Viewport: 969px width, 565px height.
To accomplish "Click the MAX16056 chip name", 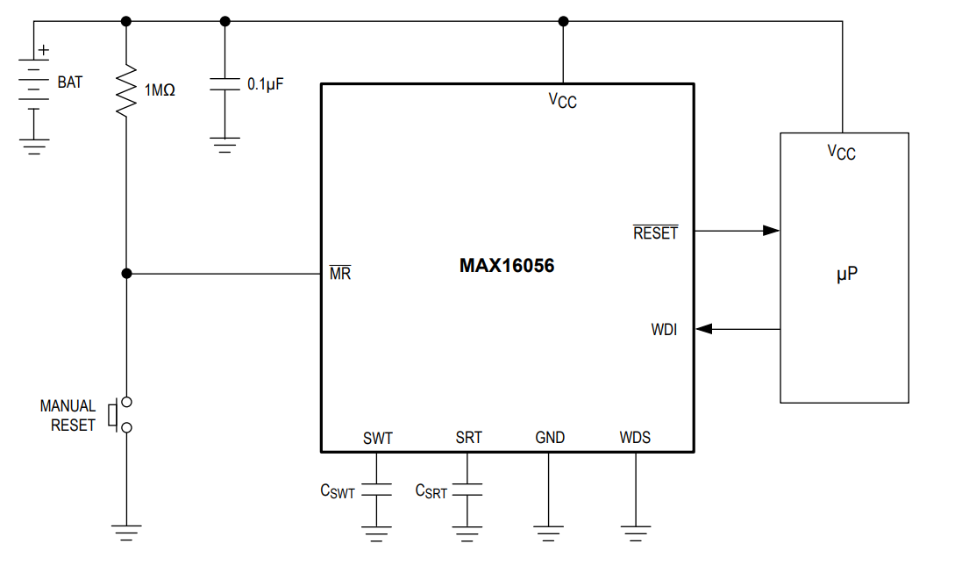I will pyautogui.click(x=507, y=266).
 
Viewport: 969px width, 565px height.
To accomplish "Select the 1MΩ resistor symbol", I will pyautogui.click(x=126, y=89).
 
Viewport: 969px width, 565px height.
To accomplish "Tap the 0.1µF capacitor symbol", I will pyautogui.click(x=224, y=84).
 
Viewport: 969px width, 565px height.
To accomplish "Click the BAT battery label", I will pyautogui.click(x=70, y=82).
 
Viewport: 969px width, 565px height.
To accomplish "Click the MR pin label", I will pyautogui.click(x=339, y=273).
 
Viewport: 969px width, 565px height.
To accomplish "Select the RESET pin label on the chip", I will pyautogui.click(x=655, y=232).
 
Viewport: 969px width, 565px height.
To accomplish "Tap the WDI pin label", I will pyautogui.click(x=664, y=330).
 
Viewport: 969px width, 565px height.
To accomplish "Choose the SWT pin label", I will pyautogui.click(x=378, y=438).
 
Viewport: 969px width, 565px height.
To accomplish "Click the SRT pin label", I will pyautogui.click(x=468, y=438).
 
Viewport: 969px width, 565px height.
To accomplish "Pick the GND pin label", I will pyautogui.click(x=550, y=438).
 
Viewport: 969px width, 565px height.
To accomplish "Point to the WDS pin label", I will pyautogui.click(x=635, y=438).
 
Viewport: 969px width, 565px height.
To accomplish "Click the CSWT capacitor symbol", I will pyautogui.click(x=378, y=489).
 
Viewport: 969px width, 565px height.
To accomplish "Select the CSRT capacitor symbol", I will pyautogui.click(x=468, y=489).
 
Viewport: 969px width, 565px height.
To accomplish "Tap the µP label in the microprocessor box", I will pyautogui.click(x=846, y=275).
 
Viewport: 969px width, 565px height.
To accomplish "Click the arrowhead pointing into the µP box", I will pyautogui.click(x=771, y=231).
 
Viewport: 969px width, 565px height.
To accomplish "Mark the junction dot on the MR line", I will pyautogui.click(x=126, y=274).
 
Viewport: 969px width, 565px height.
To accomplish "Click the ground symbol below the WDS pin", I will pyautogui.click(x=635, y=530).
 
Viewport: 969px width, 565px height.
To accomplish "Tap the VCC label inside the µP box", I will pyautogui.click(x=841, y=153).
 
